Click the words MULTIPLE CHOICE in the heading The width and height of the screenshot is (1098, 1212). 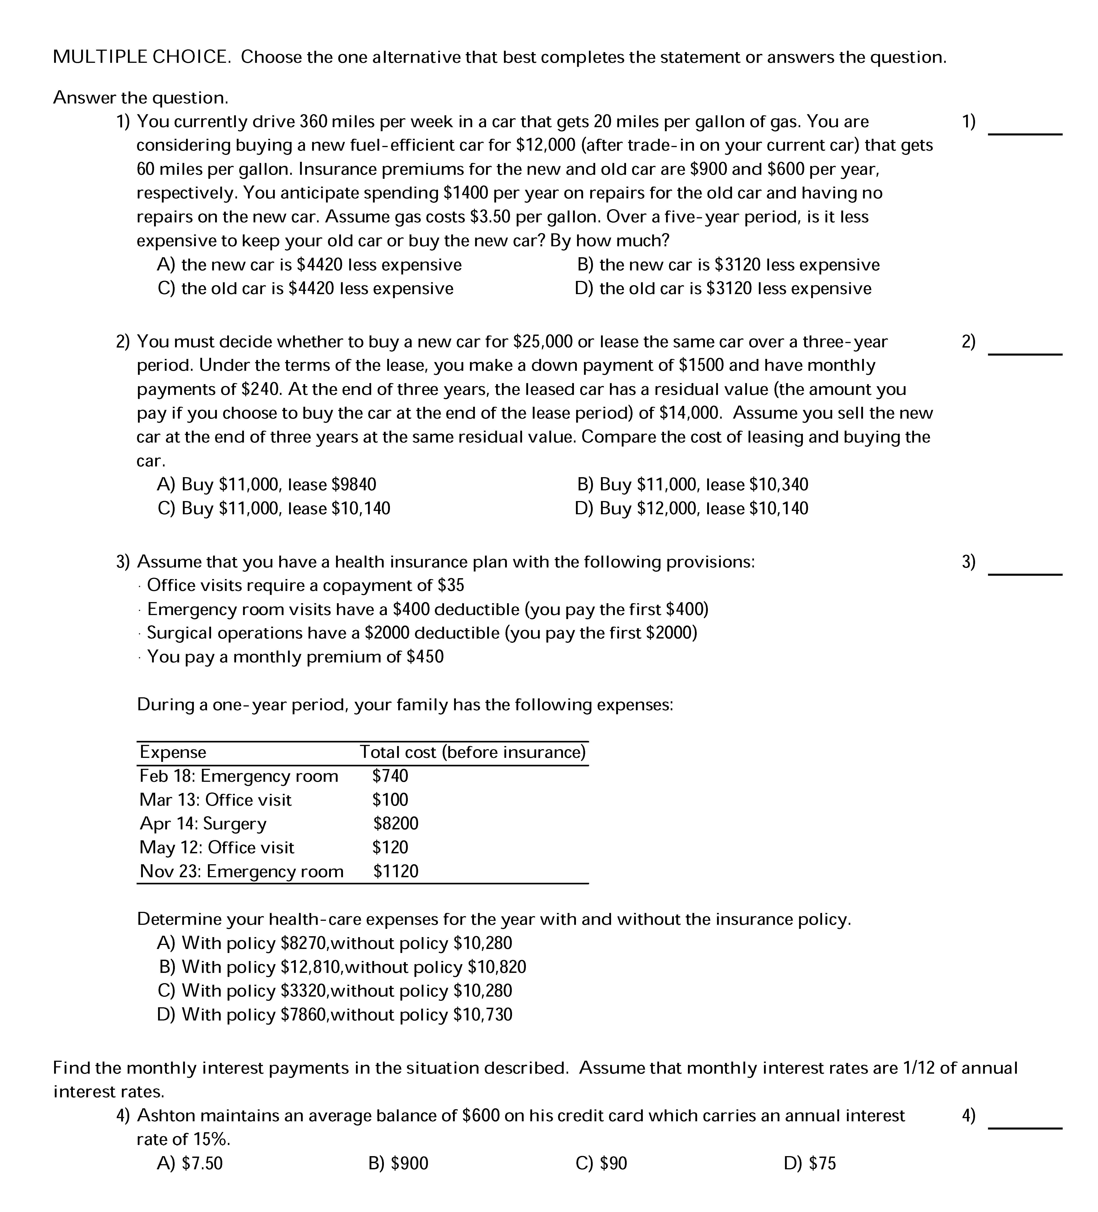pos(141,57)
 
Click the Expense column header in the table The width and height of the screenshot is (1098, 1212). pos(173,752)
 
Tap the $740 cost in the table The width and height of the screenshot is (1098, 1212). pos(390,776)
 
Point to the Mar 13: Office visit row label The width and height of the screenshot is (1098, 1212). pos(215,800)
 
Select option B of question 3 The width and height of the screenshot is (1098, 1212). pos(343,967)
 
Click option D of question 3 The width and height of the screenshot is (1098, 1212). pos(334,1015)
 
